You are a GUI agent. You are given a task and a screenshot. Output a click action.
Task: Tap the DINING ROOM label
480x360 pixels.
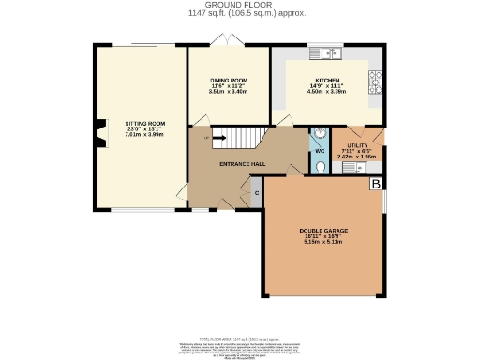pos(228,81)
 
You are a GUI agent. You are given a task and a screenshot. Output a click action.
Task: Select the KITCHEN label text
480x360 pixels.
pos(326,81)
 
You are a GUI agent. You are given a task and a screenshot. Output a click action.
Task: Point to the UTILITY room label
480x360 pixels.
pos(357,146)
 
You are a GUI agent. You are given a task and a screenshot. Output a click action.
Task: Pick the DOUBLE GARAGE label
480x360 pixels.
pos(323,230)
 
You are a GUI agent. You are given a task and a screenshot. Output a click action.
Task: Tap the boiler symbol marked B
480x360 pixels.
pos(376,184)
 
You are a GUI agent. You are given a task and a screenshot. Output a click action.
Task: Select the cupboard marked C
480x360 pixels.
pos(257,193)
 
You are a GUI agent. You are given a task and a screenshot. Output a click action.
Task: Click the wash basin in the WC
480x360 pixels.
pos(319,132)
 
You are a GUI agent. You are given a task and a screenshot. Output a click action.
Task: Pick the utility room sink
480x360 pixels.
pos(366,167)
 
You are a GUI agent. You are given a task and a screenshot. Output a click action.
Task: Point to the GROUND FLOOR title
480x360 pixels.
pos(239,5)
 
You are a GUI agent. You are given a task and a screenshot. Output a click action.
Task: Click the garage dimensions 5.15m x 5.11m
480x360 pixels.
pos(323,242)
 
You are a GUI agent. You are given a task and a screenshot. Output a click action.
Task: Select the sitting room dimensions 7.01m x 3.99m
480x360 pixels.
pos(145,134)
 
